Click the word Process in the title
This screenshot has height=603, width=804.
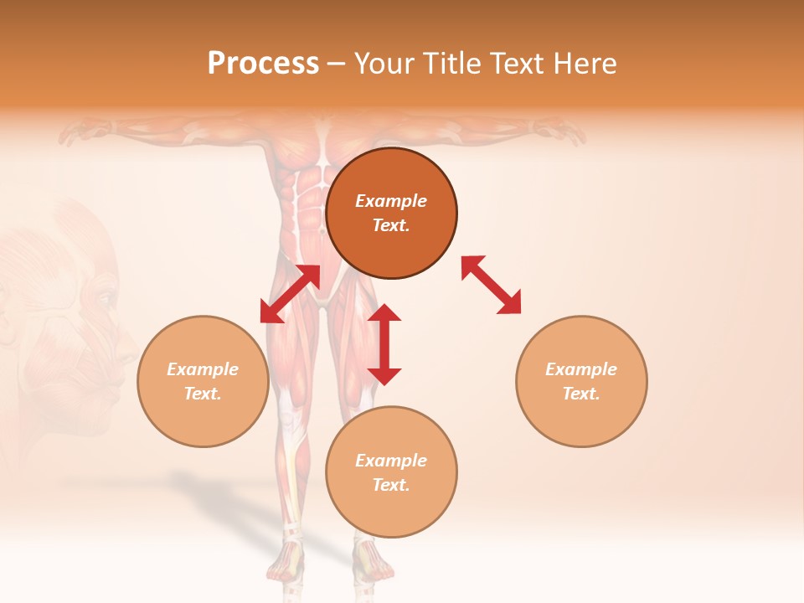coord(263,64)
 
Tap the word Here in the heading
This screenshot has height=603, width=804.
coord(583,64)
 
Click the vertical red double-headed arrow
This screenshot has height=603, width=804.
coord(384,344)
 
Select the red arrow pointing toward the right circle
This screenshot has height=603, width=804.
coord(492,285)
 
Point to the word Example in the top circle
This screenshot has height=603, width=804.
coord(391,201)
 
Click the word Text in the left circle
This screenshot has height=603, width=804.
coord(203,394)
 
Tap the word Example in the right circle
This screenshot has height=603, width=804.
coord(581,369)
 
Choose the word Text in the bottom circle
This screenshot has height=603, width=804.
coord(391,485)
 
